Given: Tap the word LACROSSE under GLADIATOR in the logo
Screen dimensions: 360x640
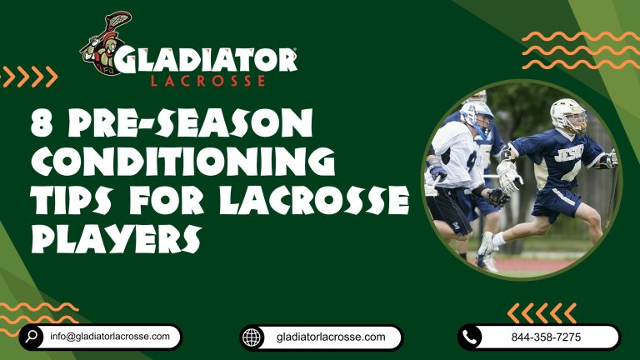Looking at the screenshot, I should pyautogui.click(x=208, y=81).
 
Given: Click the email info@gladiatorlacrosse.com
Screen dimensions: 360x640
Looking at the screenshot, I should pyautogui.click(x=110, y=337).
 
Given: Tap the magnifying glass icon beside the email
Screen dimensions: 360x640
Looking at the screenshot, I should pyautogui.click(x=32, y=337).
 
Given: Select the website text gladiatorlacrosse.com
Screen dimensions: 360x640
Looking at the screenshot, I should pyautogui.click(x=331, y=337).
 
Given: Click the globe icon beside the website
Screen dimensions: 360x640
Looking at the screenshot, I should pyautogui.click(x=252, y=337).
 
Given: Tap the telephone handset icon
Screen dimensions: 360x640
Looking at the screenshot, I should pyautogui.click(x=471, y=337).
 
